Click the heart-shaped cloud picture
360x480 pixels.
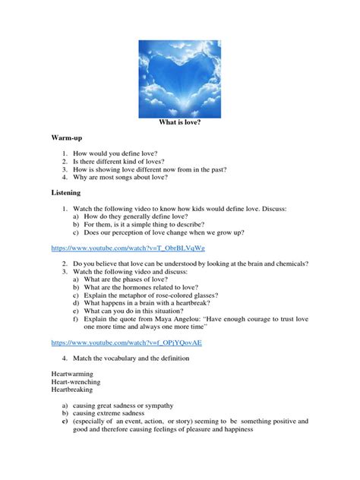point(179,75)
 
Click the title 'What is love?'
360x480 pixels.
point(179,122)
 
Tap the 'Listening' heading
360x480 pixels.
point(66,193)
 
